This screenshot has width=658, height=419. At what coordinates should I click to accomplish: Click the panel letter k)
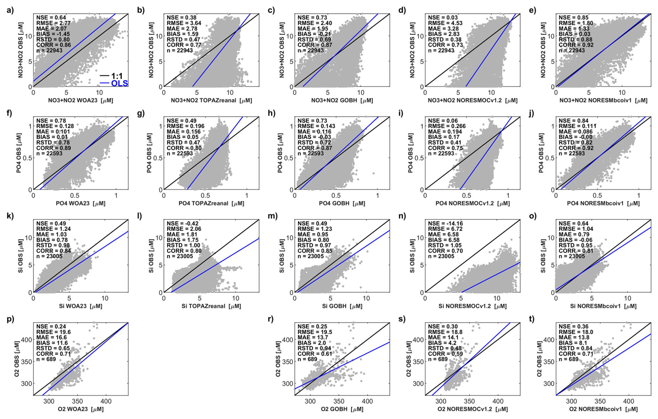click(x=10, y=216)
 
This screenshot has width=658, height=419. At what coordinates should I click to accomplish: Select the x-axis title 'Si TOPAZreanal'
click(x=211, y=306)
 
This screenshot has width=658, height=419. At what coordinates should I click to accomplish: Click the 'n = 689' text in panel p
click(x=46, y=359)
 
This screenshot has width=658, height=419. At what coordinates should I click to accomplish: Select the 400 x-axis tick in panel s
click(x=498, y=401)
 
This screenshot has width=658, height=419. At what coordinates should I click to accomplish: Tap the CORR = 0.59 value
click(x=445, y=354)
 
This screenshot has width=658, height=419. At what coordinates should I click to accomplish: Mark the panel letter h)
click(x=272, y=113)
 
